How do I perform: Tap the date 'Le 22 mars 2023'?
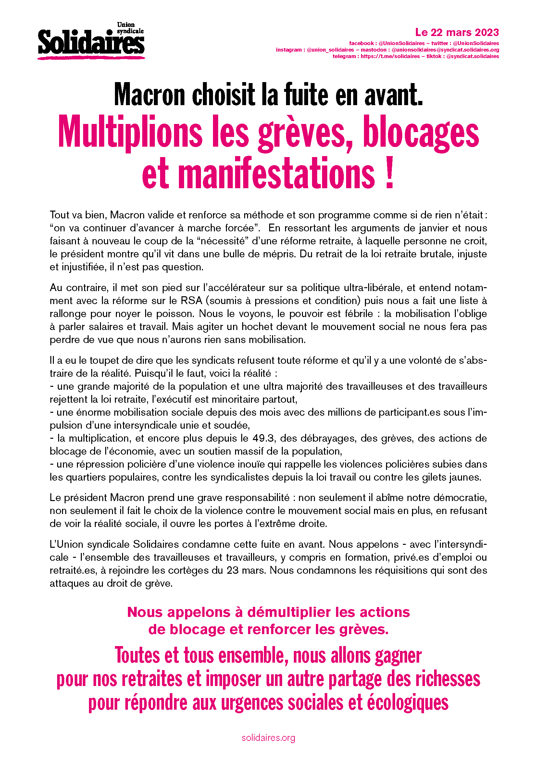pyautogui.click(x=457, y=32)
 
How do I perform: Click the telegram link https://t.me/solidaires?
pyautogui.click(x=390, y=56)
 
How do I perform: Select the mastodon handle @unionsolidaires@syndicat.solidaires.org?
pyautogui.click(x=445, y=50)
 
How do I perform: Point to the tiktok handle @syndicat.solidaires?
pyautogui.click(x=472, y=56)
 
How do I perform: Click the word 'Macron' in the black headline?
pyautogui.click(x=150, y=95)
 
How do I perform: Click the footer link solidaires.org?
pyautogui.click(x=268, y=738)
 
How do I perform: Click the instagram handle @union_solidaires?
pyautogui.click(x=330, y=50)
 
